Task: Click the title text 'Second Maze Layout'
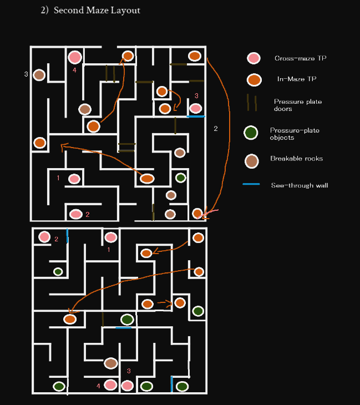(x=97, y=11)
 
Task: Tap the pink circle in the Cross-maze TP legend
(x=253, y=58)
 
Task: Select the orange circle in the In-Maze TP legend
(x=254, y=80)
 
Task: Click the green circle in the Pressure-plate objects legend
(x=251, y=133)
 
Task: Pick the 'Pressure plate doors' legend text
(x=297, y=105)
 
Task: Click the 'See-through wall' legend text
(x=299, y=185)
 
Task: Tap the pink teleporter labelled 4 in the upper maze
(x=75, y=57)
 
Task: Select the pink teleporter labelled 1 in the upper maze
(x=74, y=179)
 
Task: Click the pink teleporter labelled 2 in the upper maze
(x=76, y=214)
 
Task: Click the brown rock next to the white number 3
(x=39, y=74)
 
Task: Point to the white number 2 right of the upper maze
(x=216, y=129)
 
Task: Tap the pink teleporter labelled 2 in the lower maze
(x=44, y=237)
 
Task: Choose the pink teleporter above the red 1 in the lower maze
(x=111, y=237)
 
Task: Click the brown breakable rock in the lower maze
(x=111, y=363)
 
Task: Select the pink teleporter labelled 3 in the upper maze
(x=196, y=108)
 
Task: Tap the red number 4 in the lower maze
(x=98, y=386)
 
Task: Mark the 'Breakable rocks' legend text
(x=296, y=159)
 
